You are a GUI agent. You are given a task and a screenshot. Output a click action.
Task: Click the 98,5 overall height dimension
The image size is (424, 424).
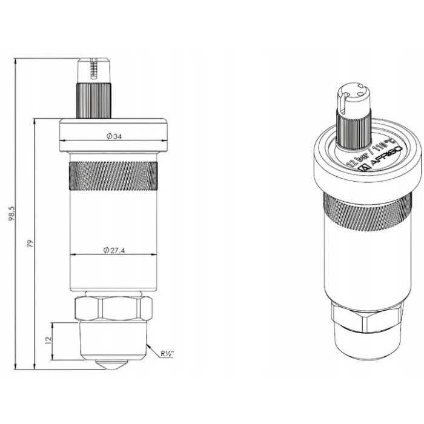click(12, 213)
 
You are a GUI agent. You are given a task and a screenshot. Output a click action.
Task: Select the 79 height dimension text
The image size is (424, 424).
click(30, 244)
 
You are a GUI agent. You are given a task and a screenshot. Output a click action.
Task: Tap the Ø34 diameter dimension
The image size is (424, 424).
click(114, 137)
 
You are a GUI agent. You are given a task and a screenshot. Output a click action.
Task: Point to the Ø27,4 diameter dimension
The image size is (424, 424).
click(114, 250)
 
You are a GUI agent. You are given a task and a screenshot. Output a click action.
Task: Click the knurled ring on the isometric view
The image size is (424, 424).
click(363, 209)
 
